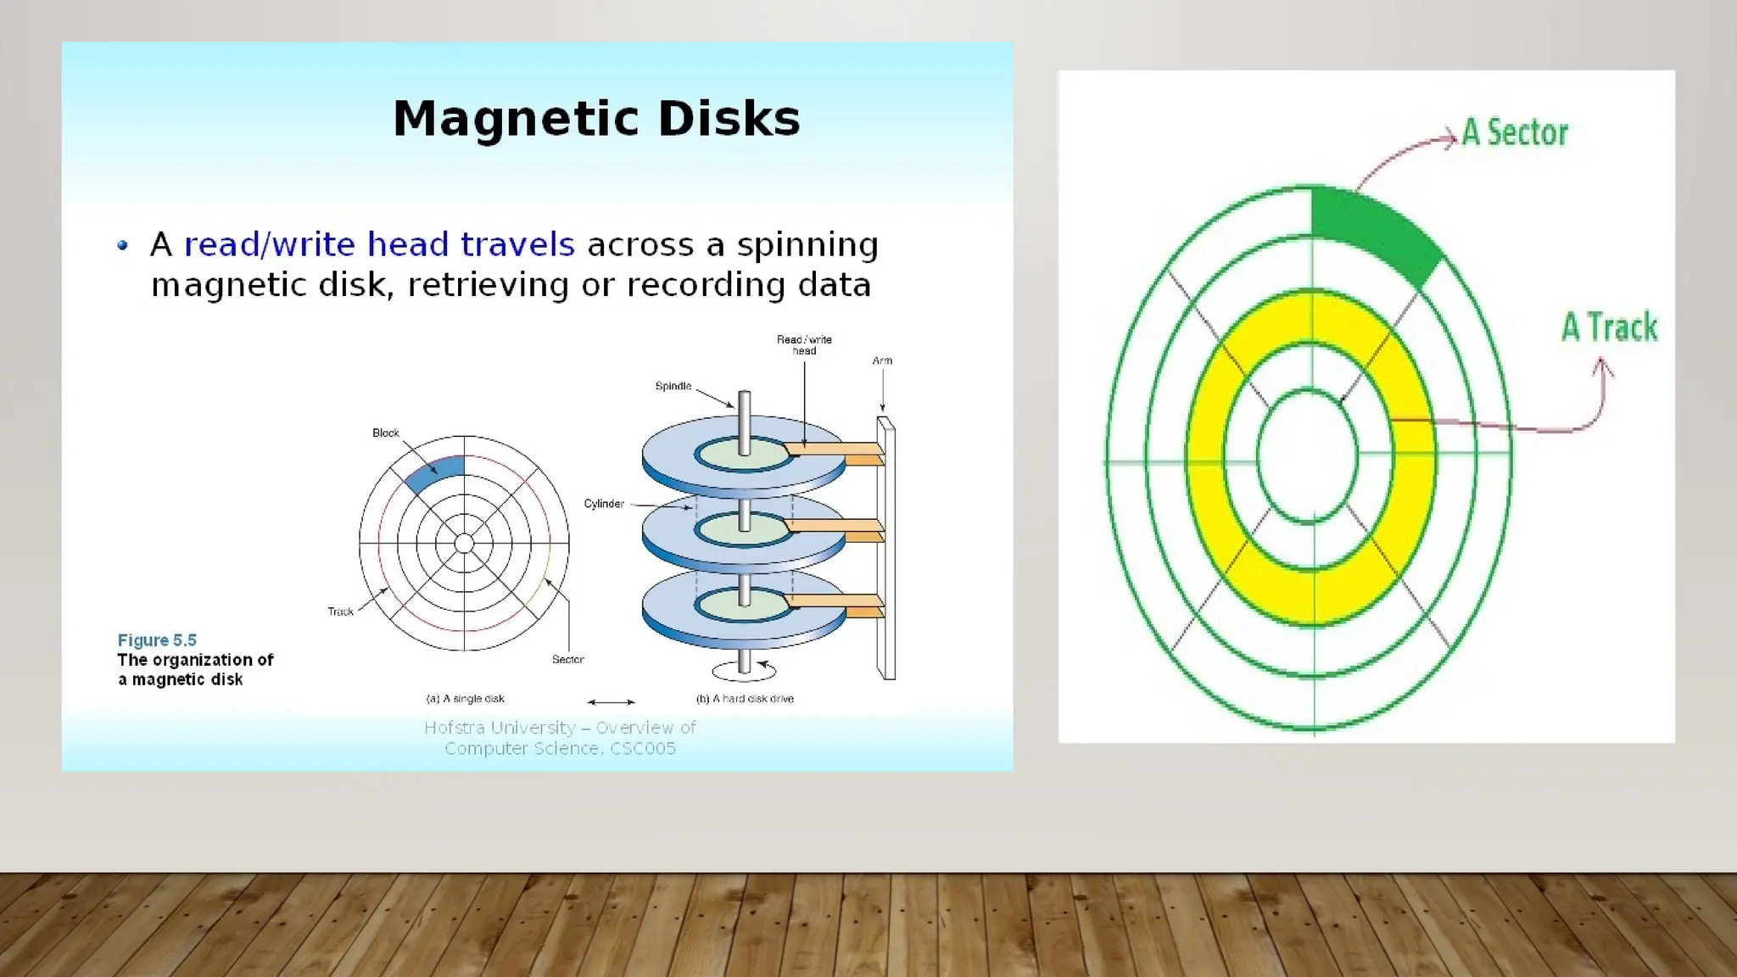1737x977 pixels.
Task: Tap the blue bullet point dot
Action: (123, 246)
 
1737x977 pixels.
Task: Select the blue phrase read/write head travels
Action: (379, 245)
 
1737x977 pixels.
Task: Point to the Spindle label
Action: (673, 387)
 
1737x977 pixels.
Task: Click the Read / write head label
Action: (804, 345)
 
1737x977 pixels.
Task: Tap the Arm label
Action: (882, 361)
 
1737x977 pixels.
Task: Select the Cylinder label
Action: (603, 504)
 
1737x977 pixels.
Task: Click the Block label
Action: (385, 433)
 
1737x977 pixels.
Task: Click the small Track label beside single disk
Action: (340, 611)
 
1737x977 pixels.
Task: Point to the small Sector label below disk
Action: (567, 660)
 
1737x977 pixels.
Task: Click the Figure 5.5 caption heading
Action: (157, 640)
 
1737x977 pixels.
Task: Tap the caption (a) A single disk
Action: (465, 699)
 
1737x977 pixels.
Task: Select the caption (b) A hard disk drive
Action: (745, 699)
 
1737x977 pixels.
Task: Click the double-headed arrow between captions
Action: (611, 702)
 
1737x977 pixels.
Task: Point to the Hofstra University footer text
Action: (560, 738)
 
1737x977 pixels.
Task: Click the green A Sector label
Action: (1515, 133)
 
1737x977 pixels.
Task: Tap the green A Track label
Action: (1609, 327)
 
